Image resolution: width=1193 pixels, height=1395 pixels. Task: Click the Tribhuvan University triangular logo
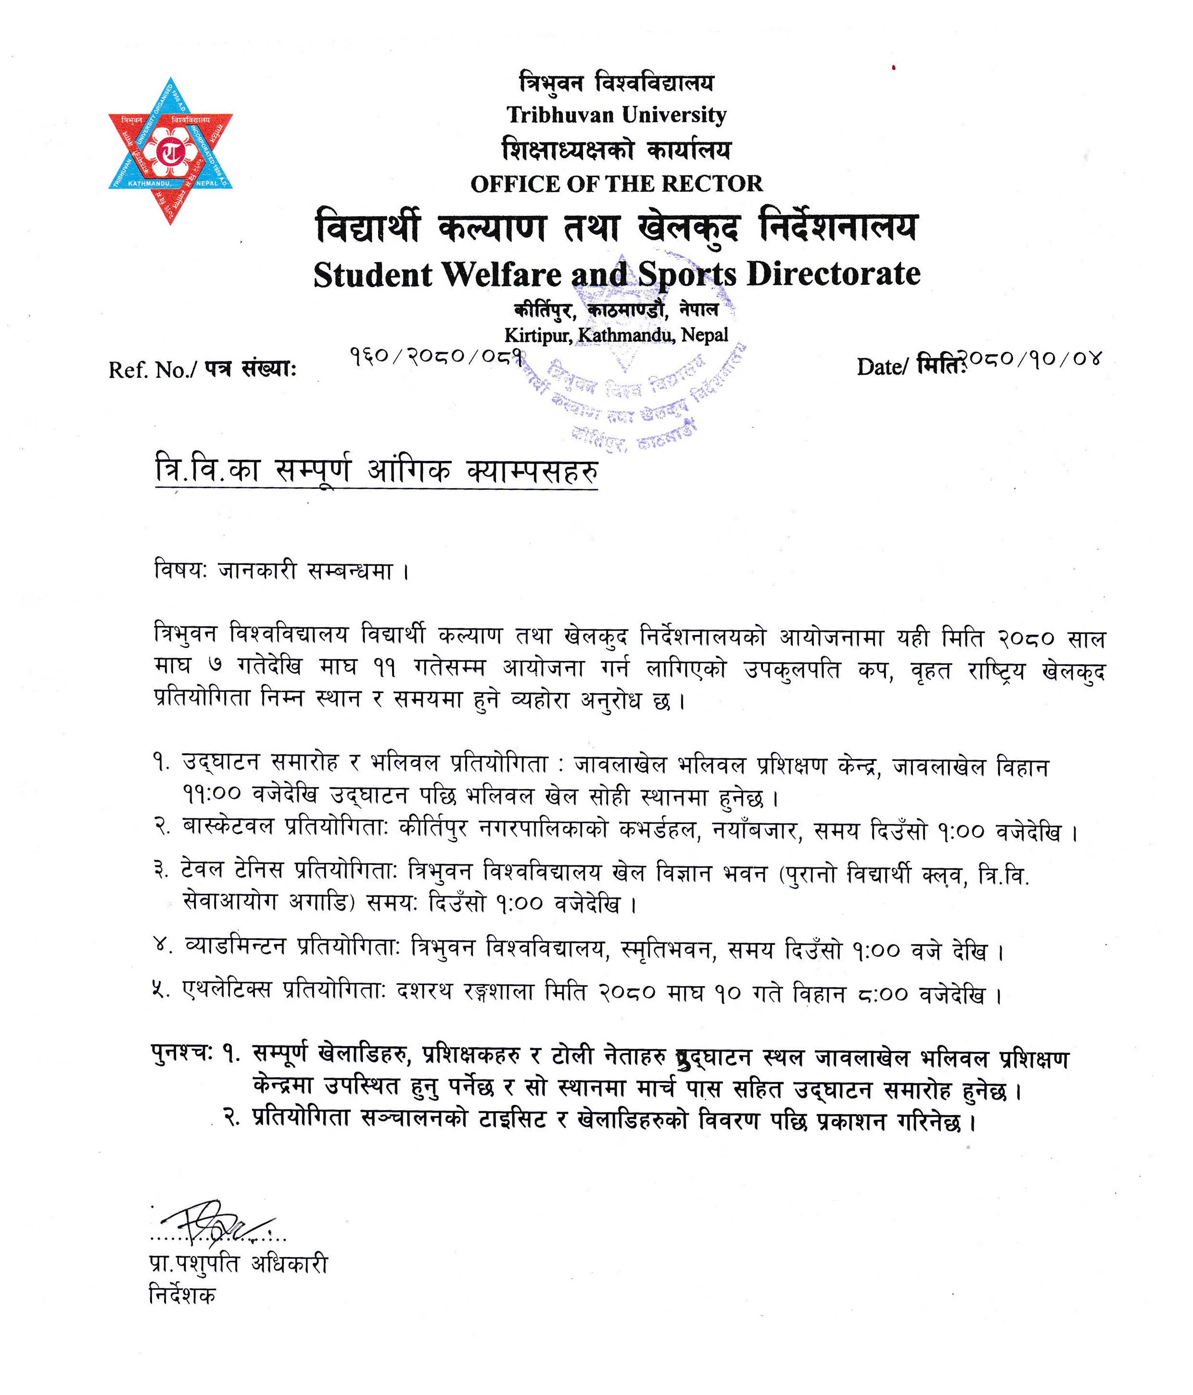click(x=170, y=152)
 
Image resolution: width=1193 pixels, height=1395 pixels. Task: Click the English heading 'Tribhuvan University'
click(x=617, y=115)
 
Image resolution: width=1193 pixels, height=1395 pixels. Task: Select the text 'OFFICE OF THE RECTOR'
click(x=617, y=184)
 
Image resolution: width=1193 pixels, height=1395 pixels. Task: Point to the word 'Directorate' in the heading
click(x=834, y=274)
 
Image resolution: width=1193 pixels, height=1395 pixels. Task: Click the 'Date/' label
click(x=883, y=367)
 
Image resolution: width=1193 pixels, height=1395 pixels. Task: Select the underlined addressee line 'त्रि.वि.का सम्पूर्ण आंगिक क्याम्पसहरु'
click(x=376, y=470)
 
